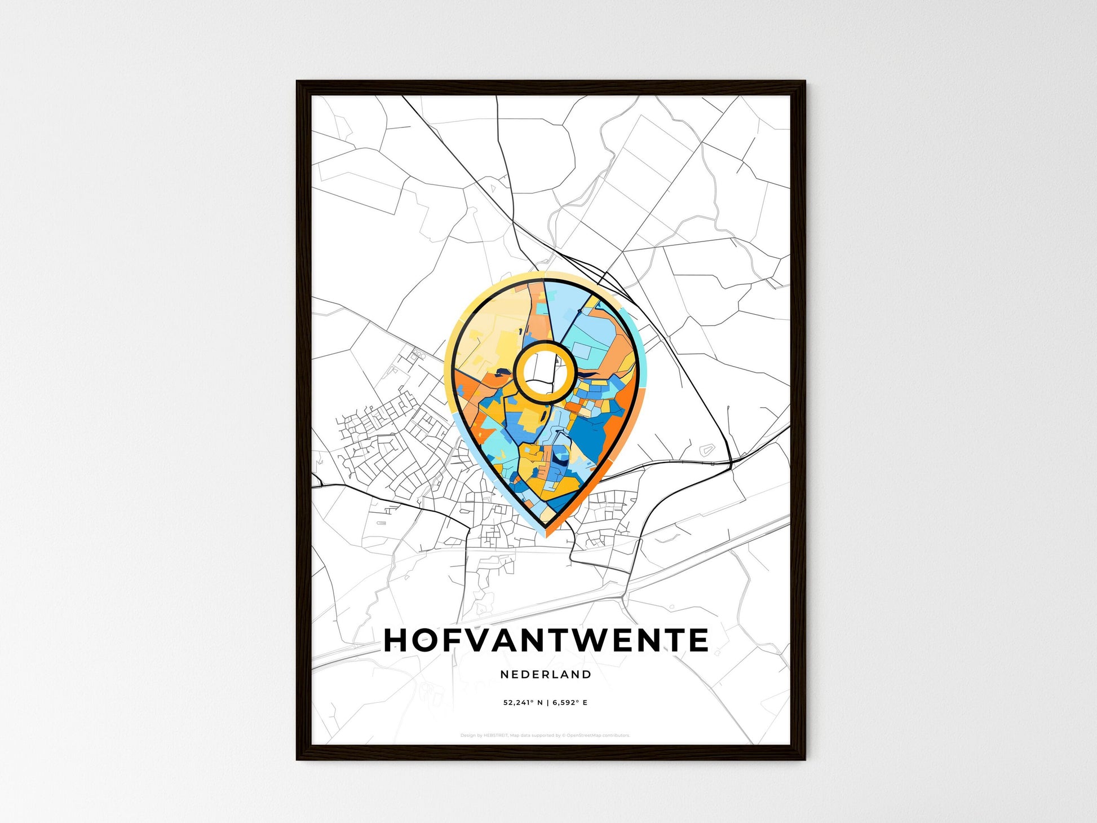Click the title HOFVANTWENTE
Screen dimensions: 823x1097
[546, 640]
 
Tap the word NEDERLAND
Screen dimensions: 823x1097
[546, 674]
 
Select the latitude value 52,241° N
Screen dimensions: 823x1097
[523, 703]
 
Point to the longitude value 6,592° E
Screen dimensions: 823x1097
[570, 703]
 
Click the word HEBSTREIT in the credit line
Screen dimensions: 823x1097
[496, 736]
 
